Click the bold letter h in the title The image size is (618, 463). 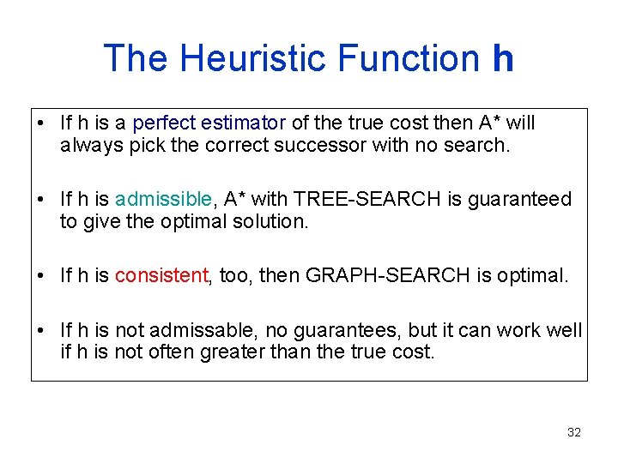coord(503,58)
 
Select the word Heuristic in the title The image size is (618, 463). coord(257,58)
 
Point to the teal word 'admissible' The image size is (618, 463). coord(163,199)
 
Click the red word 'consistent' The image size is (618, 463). coord(161,275)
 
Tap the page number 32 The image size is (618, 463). coord(574,432)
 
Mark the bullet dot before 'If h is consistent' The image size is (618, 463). coord(41,275)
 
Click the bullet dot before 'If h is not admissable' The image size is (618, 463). coord(41,330)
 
